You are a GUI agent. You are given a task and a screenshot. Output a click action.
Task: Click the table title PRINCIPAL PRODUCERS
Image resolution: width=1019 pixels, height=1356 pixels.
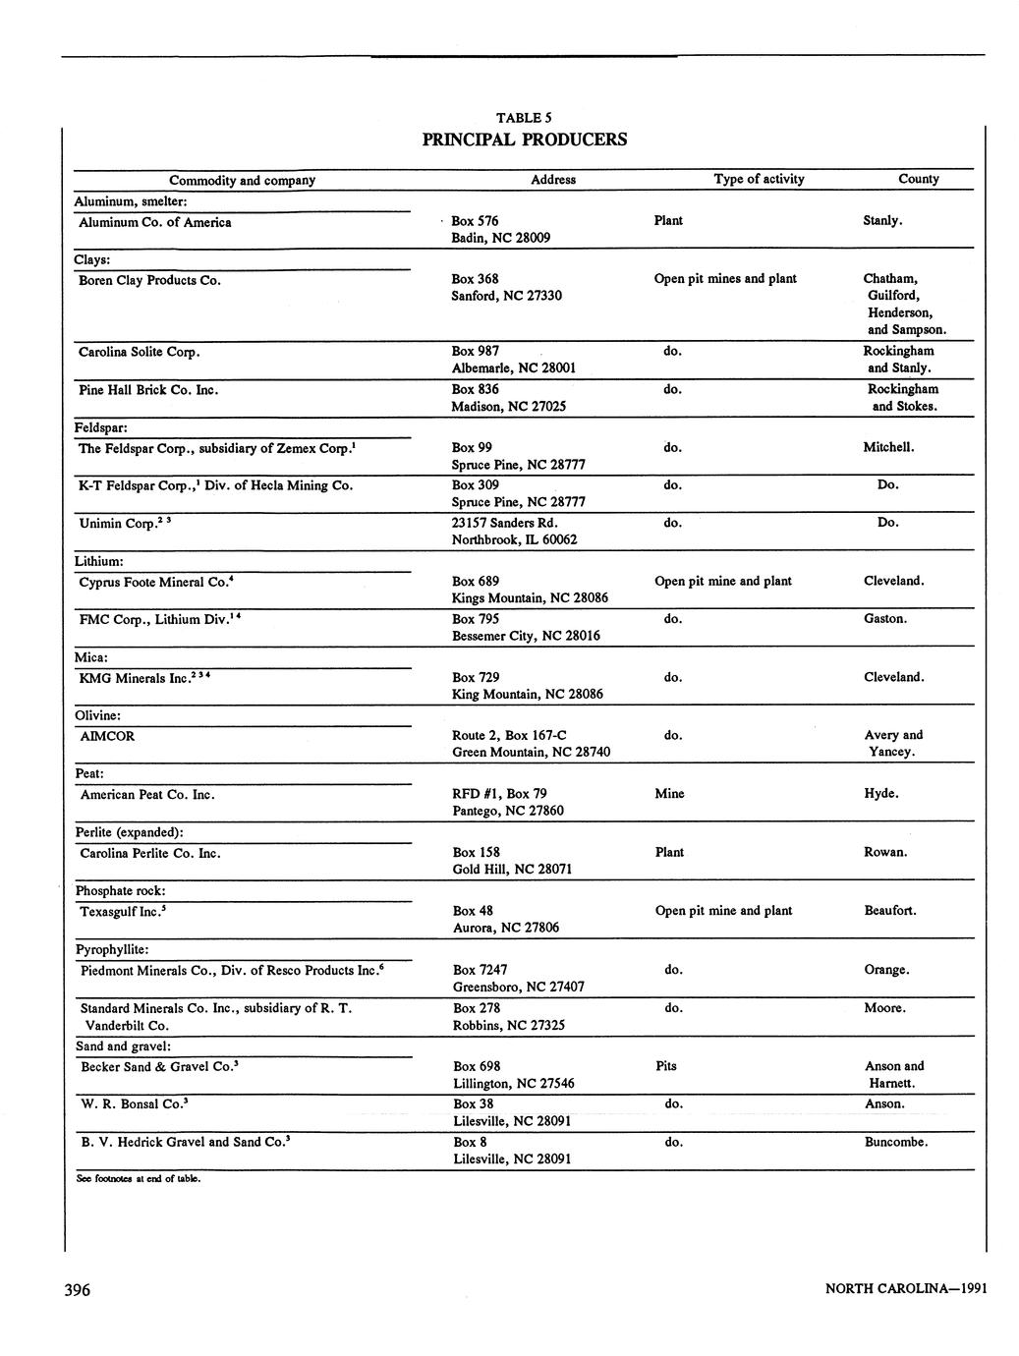click(524, 140)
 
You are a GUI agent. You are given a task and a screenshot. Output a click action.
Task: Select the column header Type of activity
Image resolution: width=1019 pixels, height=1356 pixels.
click(759, 179)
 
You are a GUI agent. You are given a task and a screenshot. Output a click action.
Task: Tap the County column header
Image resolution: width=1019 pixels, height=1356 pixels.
click(918, 179)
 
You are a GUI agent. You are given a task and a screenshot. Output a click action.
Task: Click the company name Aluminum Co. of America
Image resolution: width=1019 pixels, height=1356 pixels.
click(155, 222)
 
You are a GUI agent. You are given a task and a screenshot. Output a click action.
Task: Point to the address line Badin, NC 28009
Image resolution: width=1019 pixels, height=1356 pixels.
click(500, 238)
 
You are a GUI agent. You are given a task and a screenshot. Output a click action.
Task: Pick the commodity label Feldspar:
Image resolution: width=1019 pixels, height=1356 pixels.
click(101, 428)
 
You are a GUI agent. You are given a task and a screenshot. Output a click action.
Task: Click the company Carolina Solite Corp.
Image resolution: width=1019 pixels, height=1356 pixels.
click(140, 352)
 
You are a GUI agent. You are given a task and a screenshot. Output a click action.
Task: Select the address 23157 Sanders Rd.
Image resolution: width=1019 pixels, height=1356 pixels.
click(504, 523)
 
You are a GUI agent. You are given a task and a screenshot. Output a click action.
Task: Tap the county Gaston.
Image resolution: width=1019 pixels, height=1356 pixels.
click(884, 619)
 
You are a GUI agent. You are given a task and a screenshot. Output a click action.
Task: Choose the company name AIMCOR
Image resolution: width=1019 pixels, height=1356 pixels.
click(107, 736)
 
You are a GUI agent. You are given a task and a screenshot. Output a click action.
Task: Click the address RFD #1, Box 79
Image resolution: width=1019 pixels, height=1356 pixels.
click(499, 794)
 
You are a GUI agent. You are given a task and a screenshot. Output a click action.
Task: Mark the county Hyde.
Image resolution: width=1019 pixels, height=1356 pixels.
click(880, 794)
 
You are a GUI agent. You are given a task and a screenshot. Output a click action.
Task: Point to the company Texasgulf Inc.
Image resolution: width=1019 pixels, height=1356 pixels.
click(120, 912)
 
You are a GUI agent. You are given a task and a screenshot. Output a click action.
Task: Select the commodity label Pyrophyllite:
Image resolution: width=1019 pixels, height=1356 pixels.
click(112, 950)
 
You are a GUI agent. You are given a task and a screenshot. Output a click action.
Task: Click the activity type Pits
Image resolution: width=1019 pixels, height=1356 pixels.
click(665, 1066)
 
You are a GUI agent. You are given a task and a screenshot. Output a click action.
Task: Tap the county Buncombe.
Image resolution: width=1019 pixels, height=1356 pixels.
click(895, 1142)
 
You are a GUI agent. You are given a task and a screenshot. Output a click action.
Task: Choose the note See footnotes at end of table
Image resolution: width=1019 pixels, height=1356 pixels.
click(138, 1179)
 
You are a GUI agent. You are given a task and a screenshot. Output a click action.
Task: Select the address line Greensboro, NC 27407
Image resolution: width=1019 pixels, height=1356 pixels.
click(518, 987)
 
